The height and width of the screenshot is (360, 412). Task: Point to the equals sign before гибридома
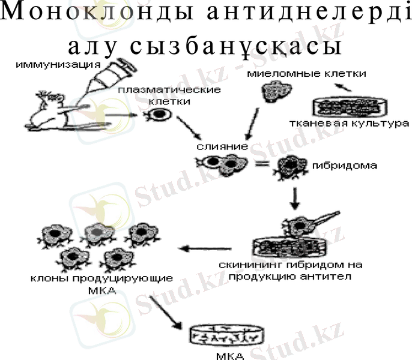(260, 163)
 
